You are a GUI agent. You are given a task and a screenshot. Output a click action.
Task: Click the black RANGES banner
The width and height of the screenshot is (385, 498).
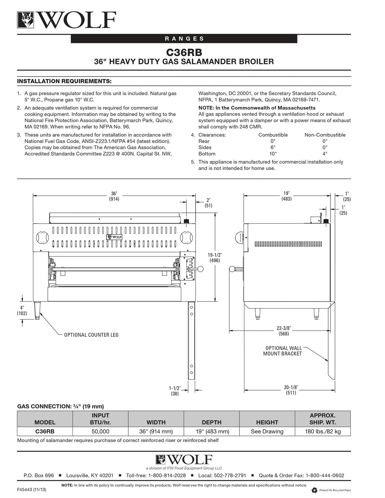click(184, 38)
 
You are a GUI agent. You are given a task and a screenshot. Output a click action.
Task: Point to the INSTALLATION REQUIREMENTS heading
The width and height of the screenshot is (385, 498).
click(64, 81)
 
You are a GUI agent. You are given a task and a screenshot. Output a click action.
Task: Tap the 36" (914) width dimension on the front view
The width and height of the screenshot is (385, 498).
click(114, 197)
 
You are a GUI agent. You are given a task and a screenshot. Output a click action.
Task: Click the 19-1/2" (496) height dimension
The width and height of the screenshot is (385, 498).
click(214, 257)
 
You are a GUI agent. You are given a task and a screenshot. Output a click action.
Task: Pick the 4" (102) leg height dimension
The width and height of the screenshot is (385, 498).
click(22, 310)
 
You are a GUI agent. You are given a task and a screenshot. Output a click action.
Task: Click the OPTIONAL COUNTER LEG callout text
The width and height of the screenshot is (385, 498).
click(91, 335)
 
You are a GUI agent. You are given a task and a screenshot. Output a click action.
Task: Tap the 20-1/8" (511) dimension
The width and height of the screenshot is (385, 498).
click(290, 390)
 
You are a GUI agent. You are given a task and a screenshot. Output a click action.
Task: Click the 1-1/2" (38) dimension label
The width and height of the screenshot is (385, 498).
click(175, 391)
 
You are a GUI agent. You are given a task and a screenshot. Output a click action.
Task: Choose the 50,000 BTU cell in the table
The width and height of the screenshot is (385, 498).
click(100, 431)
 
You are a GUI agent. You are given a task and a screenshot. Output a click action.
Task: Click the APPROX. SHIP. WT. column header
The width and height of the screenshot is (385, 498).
click(323, 419)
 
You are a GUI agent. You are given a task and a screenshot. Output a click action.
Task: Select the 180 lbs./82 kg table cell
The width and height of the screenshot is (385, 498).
click(323, 431)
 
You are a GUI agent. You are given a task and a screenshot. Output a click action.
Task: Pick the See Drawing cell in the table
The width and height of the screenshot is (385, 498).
click(267, 431)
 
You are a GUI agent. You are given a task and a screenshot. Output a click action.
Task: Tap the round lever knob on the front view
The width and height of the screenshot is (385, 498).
click(200, 268)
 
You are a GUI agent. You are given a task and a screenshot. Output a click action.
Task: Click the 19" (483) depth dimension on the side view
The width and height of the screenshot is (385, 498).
click(286, 196)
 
